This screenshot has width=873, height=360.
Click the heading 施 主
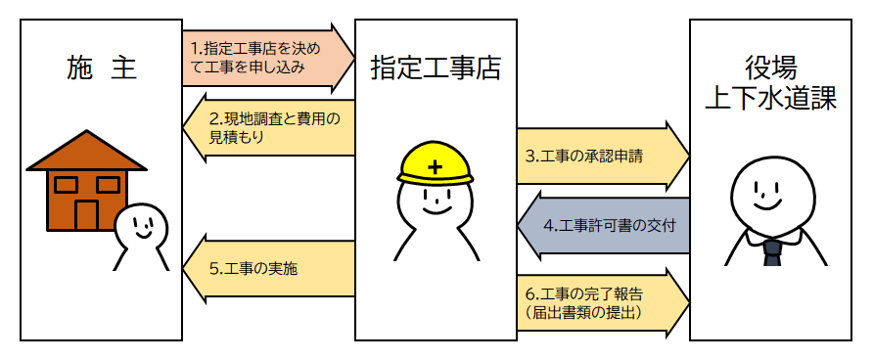(x=101, y=68)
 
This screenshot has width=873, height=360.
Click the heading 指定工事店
(x=436, y=68)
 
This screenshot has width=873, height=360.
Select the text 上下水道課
(x=770, y=100)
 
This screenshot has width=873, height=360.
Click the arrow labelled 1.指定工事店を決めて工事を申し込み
(x=264, y=58)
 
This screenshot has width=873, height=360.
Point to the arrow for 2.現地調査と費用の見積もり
(x=269, y=128)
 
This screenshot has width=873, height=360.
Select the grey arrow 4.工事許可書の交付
(x=607, y=225)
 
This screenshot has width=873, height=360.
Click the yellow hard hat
(x=436, y=162)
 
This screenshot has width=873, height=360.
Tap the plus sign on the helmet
(x=436, y=168)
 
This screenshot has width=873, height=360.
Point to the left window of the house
(x=66, y=184)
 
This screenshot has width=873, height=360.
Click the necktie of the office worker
(x=771, y=253)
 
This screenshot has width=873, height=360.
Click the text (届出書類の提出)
(x=582, y=313)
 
